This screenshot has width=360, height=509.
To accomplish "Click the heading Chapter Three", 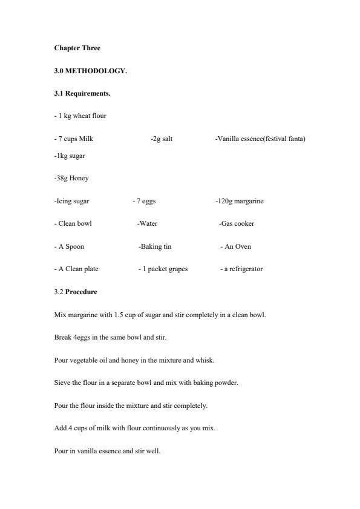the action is click(77, 48).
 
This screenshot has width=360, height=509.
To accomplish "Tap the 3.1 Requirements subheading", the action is click(82, 94).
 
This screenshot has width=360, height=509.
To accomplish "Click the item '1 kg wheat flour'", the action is click(80, 116).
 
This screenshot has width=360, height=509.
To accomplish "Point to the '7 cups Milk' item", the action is click(74, 139).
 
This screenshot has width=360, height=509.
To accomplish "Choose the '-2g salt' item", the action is click(162, 139).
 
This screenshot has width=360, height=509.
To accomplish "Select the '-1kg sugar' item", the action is click(70, 156).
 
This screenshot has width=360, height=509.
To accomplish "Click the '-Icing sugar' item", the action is click(72, 201).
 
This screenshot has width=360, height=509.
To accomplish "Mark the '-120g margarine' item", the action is click(239, 201).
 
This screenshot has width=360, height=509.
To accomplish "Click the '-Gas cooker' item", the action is click(237, 223).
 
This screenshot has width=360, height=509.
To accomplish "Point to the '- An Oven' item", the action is click(235, 246).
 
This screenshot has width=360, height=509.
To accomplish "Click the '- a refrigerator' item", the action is click(241, 269).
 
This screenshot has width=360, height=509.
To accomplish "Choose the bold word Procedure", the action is click(81, 292).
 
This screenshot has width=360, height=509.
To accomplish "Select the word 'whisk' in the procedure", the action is click(207, 360).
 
